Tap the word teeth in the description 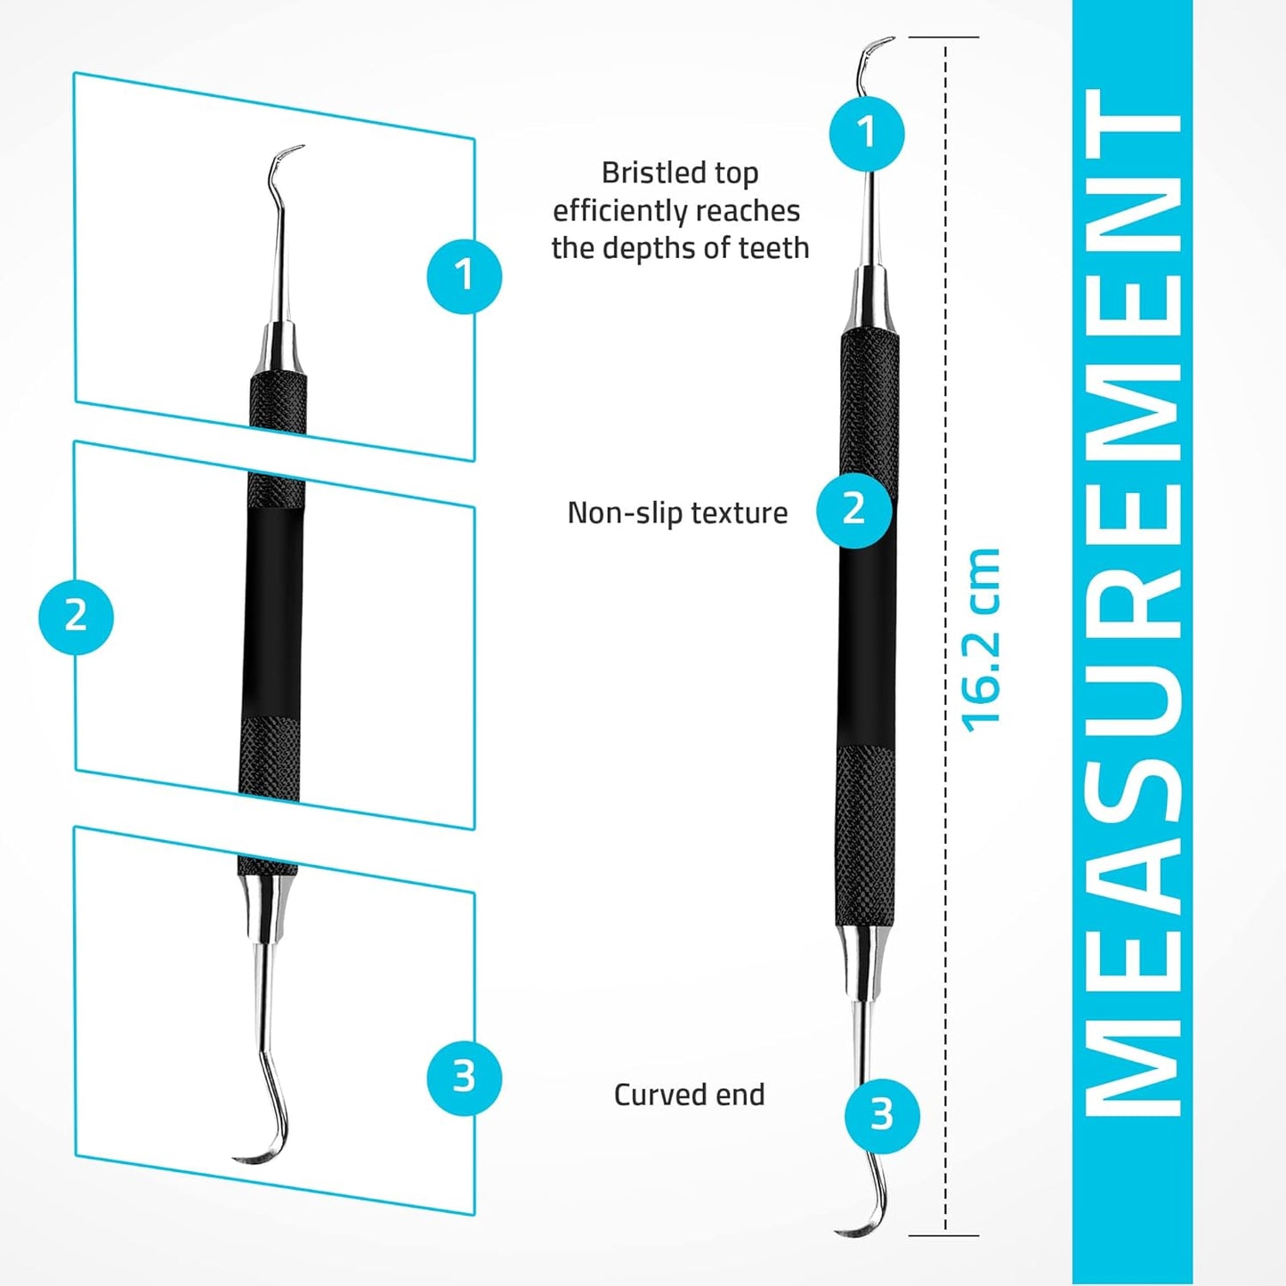coord(773,247)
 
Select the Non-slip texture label coord(677,513)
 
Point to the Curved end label coord(689,1095)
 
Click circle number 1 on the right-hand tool coord(867,133)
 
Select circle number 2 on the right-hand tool coord(853,510)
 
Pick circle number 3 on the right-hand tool coord(881,1114)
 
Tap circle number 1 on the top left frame coord(464,275)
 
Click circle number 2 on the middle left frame coord(76,616)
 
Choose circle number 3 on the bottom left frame coord(464,1077)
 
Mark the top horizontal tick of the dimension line coord(943,37)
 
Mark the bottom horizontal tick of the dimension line coord(943,1235)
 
